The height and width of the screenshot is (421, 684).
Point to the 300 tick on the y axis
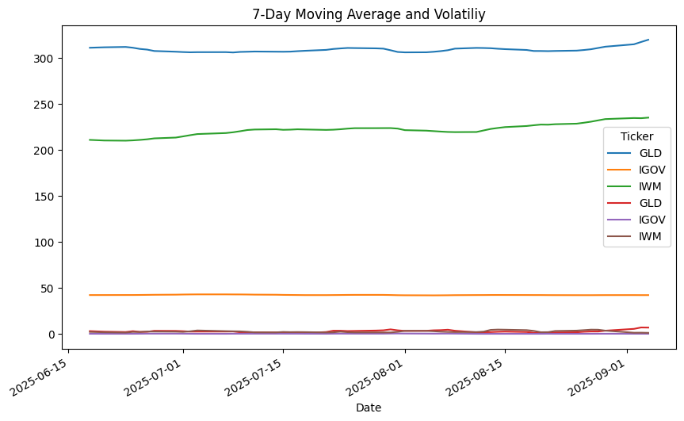[44, 59]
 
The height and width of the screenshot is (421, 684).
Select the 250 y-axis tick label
[44, 105]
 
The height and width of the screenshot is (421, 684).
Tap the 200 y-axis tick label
[44, 151]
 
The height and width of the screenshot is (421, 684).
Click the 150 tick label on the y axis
[44, 197]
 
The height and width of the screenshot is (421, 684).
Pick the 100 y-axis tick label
[44, 243]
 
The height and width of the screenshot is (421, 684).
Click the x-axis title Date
[369, 408]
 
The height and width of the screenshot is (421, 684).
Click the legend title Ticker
[636, 136]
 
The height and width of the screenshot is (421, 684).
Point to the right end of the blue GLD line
[648, 40]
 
